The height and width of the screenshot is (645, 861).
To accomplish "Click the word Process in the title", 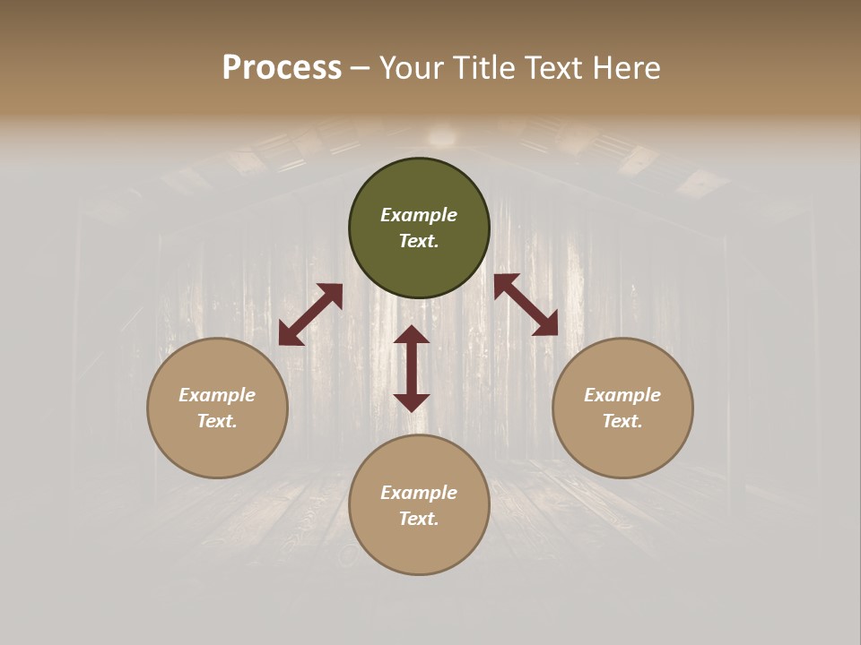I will pyautogui.click(x=282, y=68).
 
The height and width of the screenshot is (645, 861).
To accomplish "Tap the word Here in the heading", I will pyautogui.click(x=625, y=68).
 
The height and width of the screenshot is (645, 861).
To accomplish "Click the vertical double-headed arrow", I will pyautogui.click(x=412, y=368).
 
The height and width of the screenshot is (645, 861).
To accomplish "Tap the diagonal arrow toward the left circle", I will pyautogui.click(x=310, y=314).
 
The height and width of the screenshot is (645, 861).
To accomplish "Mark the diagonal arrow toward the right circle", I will pyautogui.click(x=526, y=305).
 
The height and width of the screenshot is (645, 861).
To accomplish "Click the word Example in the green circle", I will pyautogui.click(x=419, y=215).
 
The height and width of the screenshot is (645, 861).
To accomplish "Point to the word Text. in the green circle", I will pyautogui.click(x=419, y=241).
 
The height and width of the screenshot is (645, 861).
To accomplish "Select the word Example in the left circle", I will pyautogui.click(x=217, y=395).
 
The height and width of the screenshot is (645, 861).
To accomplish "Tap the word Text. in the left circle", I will pyautogui.click(x=217, y=421).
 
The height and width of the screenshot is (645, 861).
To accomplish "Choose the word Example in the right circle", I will pyautogui.click(x=622, y=395).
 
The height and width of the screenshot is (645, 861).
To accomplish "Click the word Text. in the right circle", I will pyautogui.click(x=622, y=421).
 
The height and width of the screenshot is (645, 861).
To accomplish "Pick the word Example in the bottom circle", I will pyautogui.click(x=419, y=493).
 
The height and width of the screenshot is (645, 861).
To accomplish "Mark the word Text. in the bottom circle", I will pyautogui.click(x=419, y=519).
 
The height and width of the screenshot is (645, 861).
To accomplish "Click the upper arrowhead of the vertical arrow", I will pyautogui.click(x=412, y=335).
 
